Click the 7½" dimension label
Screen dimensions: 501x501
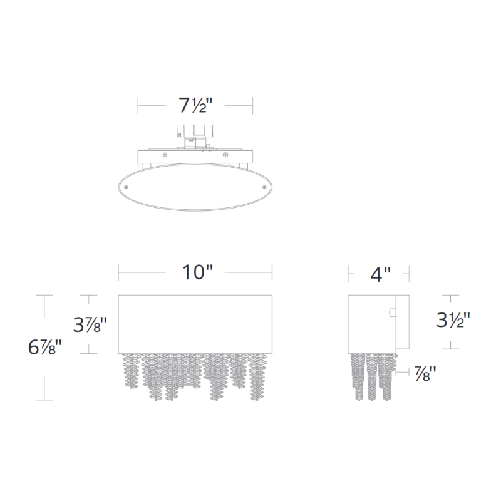[x=195, y=106]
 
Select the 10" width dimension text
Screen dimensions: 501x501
[x=197, y=272]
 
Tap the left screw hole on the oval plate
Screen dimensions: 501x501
[x=127, y=187]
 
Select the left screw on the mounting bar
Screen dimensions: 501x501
[x=164, y=154]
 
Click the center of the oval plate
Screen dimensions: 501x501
[x=195, y=187]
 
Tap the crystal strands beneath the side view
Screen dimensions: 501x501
[x=373, y=376]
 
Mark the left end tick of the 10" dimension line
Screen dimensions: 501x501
[x=119, y=272]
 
